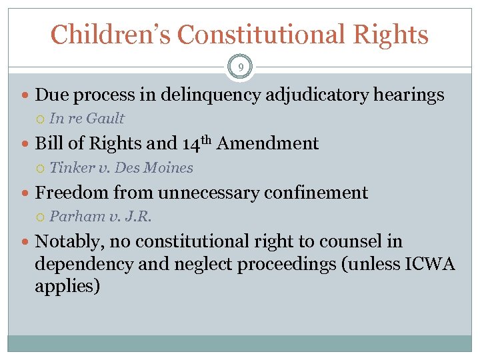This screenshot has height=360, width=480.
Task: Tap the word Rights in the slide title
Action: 393,34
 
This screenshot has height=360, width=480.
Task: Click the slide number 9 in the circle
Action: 240,67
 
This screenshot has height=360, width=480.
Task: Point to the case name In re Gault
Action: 87,119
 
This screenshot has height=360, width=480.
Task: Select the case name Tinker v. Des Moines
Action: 121,168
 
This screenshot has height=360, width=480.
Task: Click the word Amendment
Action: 267,143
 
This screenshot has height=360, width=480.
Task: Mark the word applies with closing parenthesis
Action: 67,287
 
